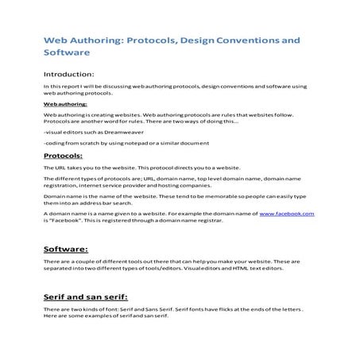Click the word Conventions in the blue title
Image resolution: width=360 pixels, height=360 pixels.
(250, 38)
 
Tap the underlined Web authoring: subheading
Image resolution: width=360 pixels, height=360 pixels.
(65, 103)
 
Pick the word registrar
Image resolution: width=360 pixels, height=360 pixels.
(209, 221)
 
